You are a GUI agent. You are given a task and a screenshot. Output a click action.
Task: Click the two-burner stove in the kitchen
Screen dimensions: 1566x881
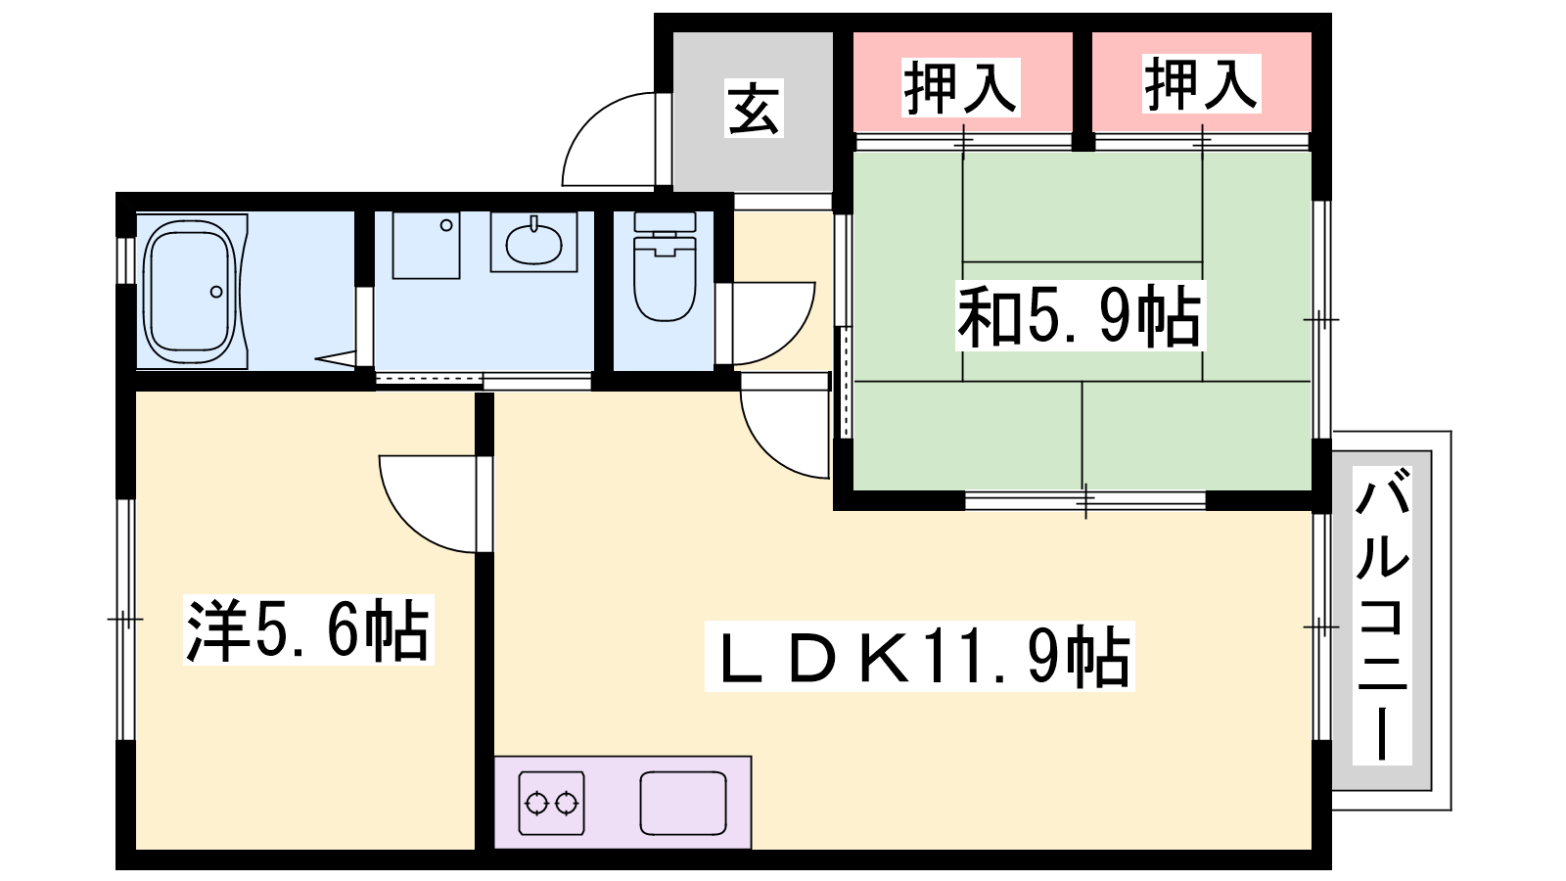(x=552, y=804)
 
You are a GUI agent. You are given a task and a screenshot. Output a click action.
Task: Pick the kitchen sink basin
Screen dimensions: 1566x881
(x=683, y=804)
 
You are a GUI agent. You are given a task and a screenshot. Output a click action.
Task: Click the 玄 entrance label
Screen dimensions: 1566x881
(x=753, y=108)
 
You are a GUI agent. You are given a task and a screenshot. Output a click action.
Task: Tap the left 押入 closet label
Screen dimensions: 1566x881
(x=960, y=87)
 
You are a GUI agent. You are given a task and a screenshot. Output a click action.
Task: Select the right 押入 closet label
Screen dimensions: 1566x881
(x=1201, y=83)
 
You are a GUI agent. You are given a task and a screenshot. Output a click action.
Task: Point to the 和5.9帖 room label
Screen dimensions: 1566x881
(x=1081, y=316)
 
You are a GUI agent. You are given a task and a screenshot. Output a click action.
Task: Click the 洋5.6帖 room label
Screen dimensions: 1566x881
(x=308, y=629)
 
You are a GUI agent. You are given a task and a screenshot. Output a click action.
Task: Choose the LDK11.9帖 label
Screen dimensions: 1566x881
(x=919, y=657)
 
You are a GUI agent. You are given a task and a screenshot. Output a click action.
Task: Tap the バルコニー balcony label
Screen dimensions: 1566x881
(x=1382, y=616)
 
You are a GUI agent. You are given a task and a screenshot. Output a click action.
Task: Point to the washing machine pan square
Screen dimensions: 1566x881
(x=426, y=245)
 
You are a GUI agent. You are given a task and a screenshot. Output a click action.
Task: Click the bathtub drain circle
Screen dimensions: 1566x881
(x=216, y=292)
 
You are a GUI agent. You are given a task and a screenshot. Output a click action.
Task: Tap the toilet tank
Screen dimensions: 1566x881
(x=665, y=222)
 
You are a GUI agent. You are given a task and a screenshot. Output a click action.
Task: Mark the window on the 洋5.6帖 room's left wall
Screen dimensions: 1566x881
(x=125, y=620)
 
